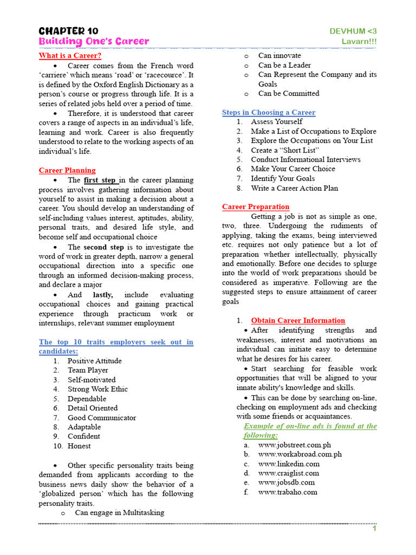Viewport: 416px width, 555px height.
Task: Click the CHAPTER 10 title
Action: coord(68,31)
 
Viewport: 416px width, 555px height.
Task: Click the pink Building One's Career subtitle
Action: coord(94,42)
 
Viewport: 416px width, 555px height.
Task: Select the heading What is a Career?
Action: coord(70,55)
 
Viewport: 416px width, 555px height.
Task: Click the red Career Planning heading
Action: coord(67,170)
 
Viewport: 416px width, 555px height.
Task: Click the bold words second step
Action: coord(103,247)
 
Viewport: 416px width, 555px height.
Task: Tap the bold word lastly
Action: coord(103,295)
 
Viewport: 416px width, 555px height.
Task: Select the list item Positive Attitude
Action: coord(94,361)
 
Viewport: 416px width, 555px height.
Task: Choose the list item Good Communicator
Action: coord(102,418)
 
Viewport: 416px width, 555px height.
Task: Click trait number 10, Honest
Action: coord(79,446)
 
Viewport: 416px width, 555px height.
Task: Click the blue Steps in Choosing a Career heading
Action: coord(269,112)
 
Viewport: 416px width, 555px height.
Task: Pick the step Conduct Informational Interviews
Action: coord(305,159)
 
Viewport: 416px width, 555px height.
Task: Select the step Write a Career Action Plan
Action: coord(294,188)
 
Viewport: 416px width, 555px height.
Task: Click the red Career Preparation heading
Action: coord(256,206)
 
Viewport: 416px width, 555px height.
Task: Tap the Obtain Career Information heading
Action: coord(298,320)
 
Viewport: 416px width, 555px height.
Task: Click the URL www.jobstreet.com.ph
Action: coord(294,445)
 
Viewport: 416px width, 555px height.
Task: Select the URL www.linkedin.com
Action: coord(289,464)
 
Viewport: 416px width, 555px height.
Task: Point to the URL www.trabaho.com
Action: coord(288,492)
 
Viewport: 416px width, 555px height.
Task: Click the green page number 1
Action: coord(374,529)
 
